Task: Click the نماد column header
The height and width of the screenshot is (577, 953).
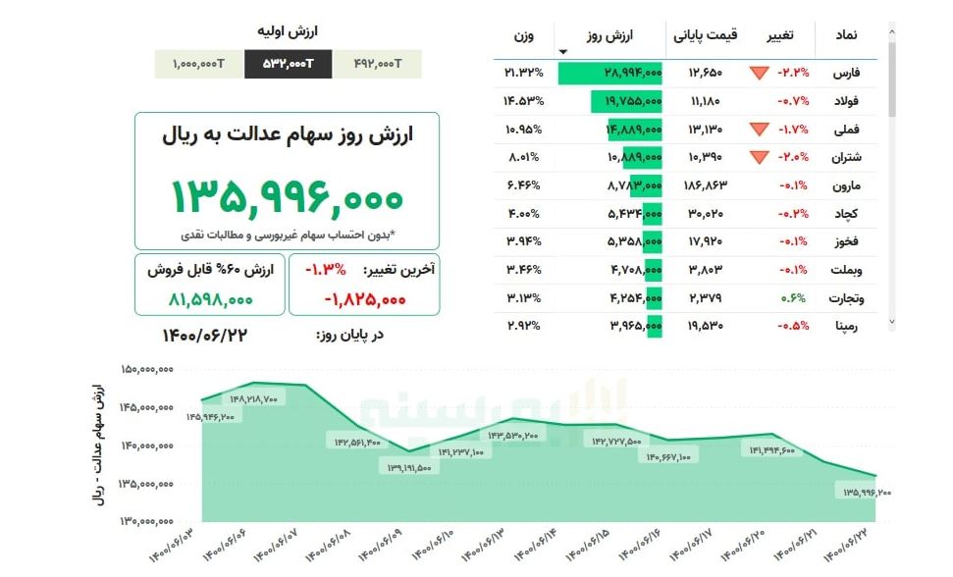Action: [845, 35]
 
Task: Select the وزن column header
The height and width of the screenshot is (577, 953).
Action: [524, 35]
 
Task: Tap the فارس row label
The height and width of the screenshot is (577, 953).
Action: [845, 74]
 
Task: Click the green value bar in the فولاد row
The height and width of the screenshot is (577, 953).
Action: [626, 101]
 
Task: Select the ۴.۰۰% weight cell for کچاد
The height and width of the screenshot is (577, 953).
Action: [524, 214]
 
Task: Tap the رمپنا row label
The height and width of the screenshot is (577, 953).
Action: [845, 326]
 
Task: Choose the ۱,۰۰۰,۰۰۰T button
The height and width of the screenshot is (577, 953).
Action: [198, 64]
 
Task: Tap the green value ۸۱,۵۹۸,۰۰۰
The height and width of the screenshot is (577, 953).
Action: [210, 299]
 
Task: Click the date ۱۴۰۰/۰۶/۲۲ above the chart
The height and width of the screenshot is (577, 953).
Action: [204, 336]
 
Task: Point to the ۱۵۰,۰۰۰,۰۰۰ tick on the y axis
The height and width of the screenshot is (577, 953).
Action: [147, 370]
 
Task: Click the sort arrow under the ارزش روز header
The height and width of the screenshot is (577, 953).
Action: [562, 52]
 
